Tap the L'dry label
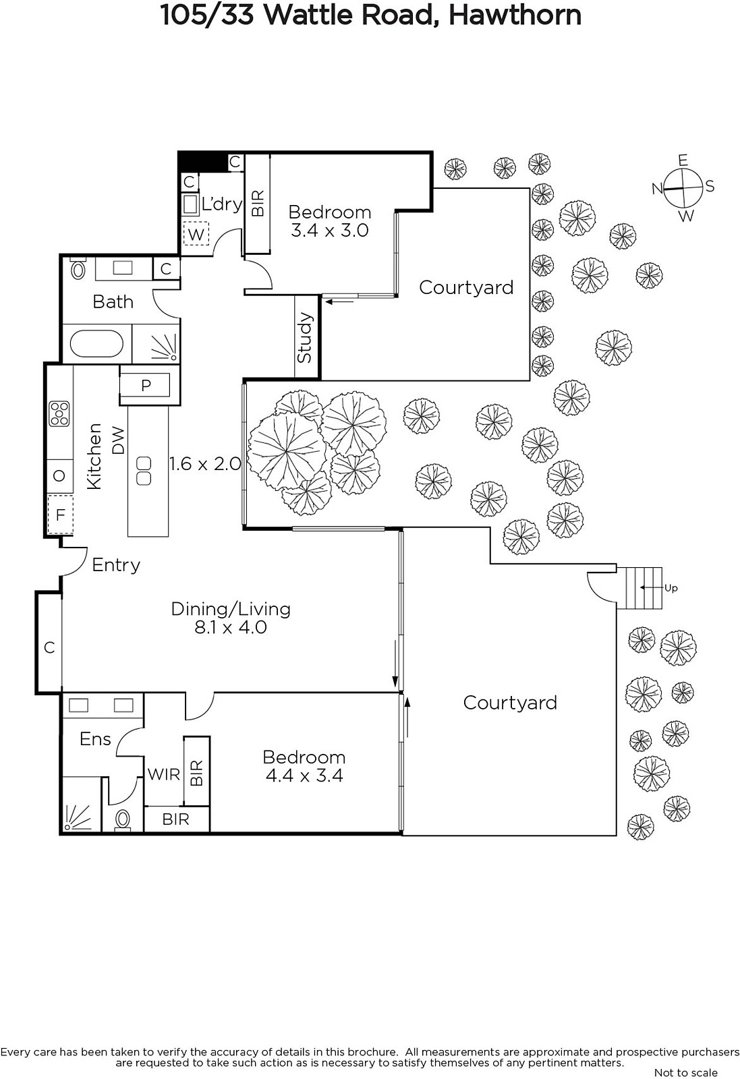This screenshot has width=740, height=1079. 222,204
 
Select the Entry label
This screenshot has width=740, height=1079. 116,565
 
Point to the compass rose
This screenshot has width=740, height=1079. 683,188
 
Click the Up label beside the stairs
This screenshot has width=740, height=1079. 671,588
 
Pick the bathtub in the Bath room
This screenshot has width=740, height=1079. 96,344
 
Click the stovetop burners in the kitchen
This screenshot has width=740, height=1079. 59,414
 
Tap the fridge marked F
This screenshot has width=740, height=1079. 60,515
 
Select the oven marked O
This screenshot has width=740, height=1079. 59,476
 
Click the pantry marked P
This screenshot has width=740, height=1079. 146,385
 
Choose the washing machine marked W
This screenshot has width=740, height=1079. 196,234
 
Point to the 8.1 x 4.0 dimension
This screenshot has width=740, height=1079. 231,628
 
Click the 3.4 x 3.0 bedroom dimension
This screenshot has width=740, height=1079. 330,230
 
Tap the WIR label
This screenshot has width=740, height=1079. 164,775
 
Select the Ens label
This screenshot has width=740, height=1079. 95,739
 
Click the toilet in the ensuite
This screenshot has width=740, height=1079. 123,819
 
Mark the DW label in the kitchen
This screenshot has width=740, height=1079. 118,440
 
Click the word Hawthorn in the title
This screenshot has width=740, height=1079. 515,16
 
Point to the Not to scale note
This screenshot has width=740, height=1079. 686,1072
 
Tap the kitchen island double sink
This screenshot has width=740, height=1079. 144,471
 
